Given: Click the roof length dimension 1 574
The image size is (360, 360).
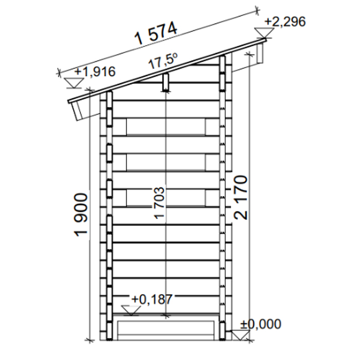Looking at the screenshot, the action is (156, 33).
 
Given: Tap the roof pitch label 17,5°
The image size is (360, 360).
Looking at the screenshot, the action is (163, 61).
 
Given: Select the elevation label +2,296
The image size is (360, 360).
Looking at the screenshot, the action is (285, 22).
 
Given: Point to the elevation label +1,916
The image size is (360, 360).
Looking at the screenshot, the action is (95, 71).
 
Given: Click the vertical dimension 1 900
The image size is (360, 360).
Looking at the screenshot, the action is (81, 215).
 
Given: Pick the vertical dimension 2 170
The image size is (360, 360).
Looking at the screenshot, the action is (241, 197).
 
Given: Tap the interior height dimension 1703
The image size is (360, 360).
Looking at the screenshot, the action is (159, 203).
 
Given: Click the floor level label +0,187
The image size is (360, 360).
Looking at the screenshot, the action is (152, 299).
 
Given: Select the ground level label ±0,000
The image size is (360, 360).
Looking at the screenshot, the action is (261, 324).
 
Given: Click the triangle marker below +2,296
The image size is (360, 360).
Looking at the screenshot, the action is (264, 33).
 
